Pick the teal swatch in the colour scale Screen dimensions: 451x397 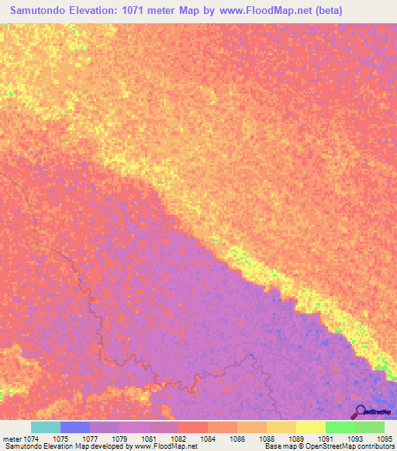click(45, 427)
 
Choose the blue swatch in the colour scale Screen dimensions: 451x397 click(74, 427)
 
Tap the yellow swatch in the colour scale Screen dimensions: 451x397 click(310, 427)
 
